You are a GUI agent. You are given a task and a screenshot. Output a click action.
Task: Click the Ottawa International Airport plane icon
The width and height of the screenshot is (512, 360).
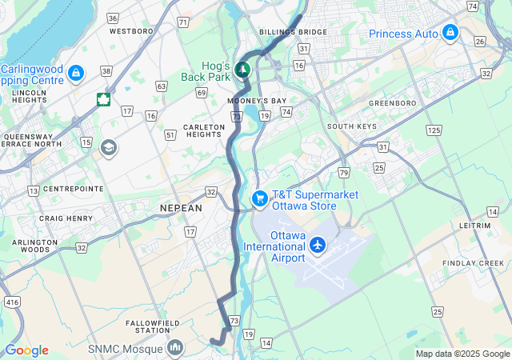tap(318, 244)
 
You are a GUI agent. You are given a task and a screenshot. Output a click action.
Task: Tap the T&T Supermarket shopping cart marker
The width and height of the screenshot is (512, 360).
tap(259, 198)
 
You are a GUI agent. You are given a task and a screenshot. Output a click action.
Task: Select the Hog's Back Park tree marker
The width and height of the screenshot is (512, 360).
tap(242, 70)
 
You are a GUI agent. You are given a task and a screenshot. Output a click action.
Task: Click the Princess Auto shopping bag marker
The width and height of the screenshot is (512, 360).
tap(450, 34)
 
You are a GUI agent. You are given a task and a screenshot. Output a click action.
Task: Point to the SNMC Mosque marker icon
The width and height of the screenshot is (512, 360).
tap(175, 348)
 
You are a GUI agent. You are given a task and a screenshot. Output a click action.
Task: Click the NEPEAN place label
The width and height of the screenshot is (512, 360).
tap(181, 207)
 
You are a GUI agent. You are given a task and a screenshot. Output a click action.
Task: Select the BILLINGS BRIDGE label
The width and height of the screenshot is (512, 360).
tap(293, 32)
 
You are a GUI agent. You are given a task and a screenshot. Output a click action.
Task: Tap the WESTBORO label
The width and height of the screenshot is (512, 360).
tap(130, 31)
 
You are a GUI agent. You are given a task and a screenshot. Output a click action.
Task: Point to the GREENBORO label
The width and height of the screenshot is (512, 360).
tap(393, 104)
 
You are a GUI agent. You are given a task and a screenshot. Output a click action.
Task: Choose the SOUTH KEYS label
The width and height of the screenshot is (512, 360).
tap(351, 126)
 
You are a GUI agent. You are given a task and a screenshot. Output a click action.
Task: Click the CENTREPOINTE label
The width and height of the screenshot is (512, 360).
tap(73, 189)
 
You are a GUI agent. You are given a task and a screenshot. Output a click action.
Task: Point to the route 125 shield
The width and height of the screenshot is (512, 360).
tap(434, 130)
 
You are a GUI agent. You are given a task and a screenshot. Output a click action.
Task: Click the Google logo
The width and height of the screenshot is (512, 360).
tap(26, 350)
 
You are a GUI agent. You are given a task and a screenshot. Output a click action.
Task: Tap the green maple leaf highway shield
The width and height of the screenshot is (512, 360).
tap(103, 99)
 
